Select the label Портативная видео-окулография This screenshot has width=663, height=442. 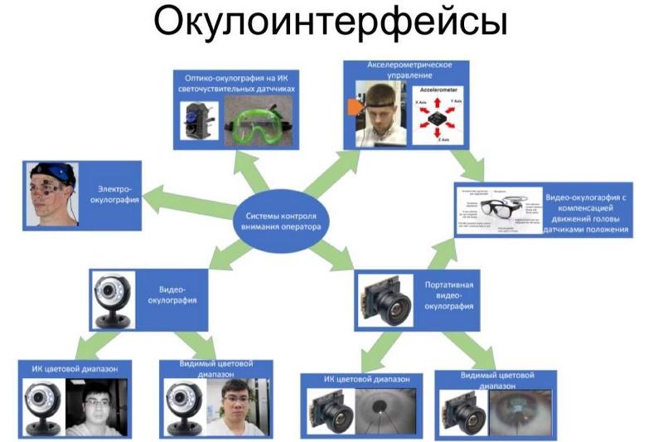coord(448,297)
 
